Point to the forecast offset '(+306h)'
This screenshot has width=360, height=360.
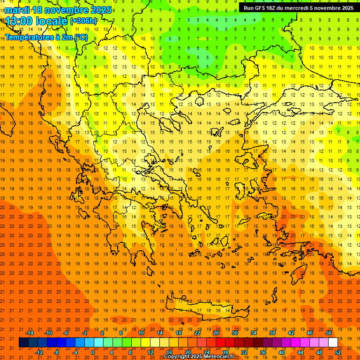(x=83, y=21)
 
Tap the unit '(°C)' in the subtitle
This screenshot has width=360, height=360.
(x=80, y=37)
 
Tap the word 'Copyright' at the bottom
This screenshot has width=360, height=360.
(x=177, y=357)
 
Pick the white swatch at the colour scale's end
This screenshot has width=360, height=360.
(x=333, y=343)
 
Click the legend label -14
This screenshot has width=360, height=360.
(x=30, y=333)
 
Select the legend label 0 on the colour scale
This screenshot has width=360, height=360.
(x=93, y=352)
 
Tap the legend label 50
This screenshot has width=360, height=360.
(x=328, y=333)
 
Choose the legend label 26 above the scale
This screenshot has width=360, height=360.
(x=216, y=333)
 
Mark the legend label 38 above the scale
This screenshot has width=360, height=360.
(x=272, y=333)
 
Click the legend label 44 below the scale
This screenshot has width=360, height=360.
(x=300, y=352)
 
